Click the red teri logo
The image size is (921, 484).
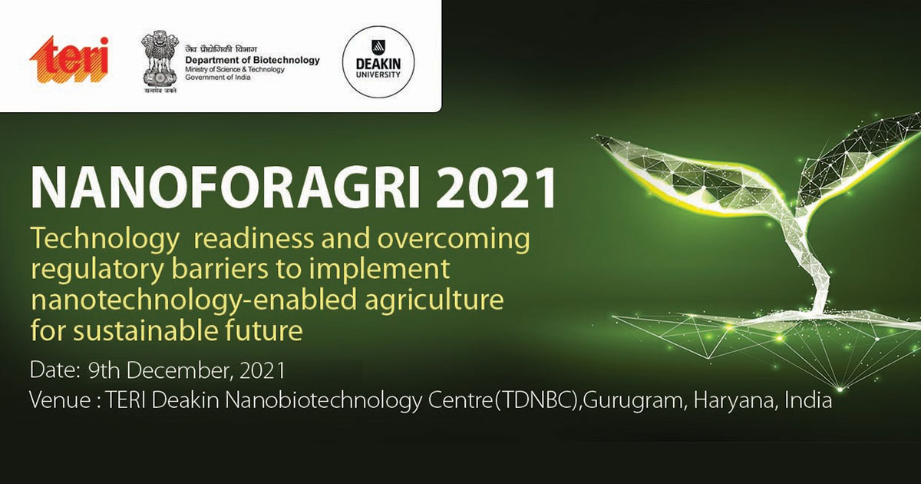tap(69, 60)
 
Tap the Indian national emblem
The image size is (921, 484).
tap(160, 61)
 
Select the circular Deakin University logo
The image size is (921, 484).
tap(378, 62)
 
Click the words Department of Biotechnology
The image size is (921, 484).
tap(252, 60)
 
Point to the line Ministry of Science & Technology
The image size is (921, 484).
tap(234, 70)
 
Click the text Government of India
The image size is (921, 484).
tap(217, 77)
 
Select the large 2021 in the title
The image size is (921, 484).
tap(496, 187)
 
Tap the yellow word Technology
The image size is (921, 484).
tap(105, 240)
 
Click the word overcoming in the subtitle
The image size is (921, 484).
tap(454, 240)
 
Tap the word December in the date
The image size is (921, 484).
tap(180, 370)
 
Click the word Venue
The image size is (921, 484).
tap(60, 400)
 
